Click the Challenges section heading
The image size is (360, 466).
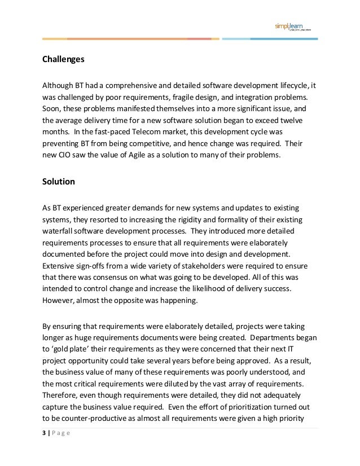point(64,59)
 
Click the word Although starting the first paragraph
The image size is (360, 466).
point(58,85)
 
